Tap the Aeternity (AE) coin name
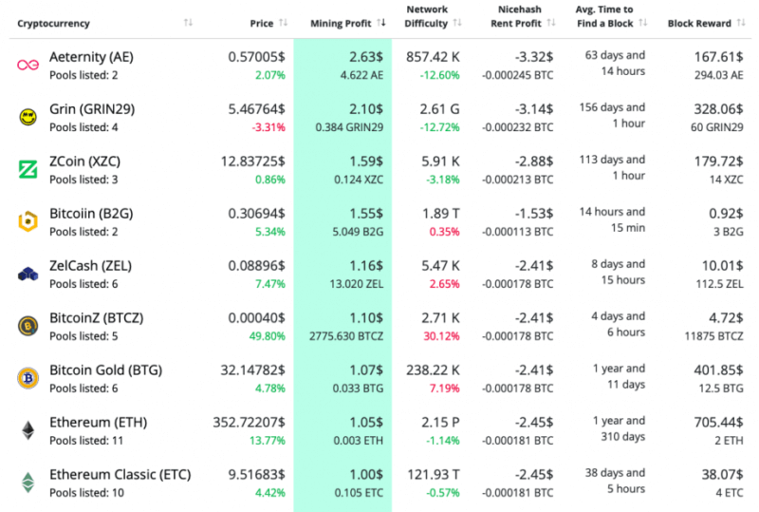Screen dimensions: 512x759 pyautogui.click(x=91, y=57)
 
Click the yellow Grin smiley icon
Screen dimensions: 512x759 pyautogui.click(x=27, y=117)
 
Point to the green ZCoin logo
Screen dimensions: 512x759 pyautogui.click(x=27, y=169)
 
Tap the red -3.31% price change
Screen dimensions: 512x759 pyautogui.click(x=267, y=126)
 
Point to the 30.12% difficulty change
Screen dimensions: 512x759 pyautogui.click(x=441, y=335)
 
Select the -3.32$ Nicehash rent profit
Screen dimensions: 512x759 pyautogui.click(x=532, y=57)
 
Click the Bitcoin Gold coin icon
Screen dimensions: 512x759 pyautogui.click(x=27, y=378)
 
